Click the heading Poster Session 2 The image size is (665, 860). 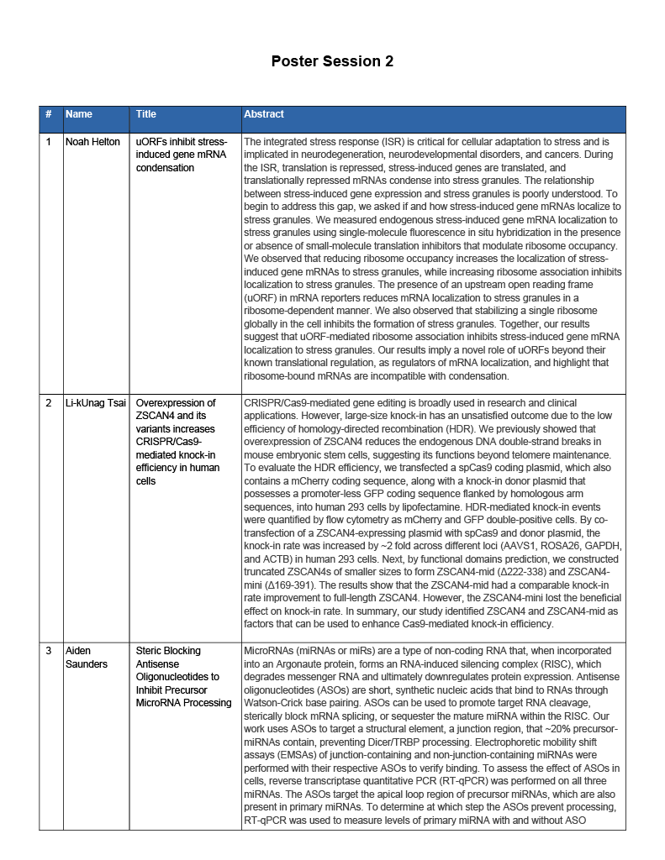332,61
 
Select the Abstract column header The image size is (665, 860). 264,114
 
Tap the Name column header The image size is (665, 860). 79,114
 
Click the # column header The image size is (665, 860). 49,114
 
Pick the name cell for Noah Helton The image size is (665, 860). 92,142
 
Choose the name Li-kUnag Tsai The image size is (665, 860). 97,403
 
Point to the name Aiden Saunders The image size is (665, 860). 86,657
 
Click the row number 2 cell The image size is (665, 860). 49,403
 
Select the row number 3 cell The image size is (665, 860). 49,651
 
